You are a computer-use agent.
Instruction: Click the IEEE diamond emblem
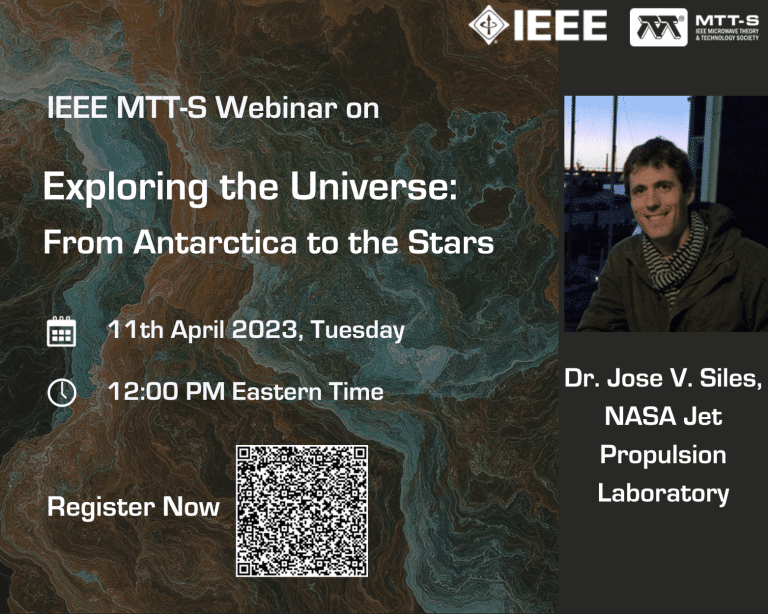click(x=488, y=24)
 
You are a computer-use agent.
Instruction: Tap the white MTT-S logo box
click(x=658, y=27)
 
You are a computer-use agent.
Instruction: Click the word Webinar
click(x=276, y=107)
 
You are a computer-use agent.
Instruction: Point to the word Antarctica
click(x=215, y=242)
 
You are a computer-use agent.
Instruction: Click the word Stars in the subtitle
click(x=451, y=242)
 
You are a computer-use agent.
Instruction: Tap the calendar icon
click(x=61, y=331)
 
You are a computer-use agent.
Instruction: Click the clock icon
click(x=62, y=392)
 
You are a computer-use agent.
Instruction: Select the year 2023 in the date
click(x=264, y=330)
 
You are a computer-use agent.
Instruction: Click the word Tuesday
click(x=358, y=331)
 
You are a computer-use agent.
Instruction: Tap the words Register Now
click(x=133, y=507)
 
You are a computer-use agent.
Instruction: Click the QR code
click(x=302, y=511)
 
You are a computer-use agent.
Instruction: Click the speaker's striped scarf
click(x=675, y=255)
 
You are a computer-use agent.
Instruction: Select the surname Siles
click(x=731, y=378)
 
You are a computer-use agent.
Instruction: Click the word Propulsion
click(x=663, y=456)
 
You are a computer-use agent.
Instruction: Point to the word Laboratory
click(x=663, y=494)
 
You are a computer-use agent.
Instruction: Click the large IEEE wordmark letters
click(x=560, y=25)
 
